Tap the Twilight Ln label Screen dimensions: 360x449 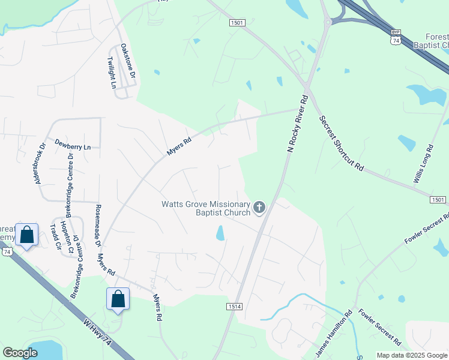[x=112, y=73]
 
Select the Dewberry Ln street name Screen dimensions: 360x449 [x=72, y=146]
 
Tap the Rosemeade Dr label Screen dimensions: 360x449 [x=98, y=226]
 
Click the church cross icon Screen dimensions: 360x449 [x=259, y=208]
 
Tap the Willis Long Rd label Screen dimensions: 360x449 [x=422, y=164]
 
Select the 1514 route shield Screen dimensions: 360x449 [x=235, y=306]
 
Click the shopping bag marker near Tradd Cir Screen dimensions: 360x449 [x=27, y=235]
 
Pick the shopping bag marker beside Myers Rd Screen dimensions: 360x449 [x=118, y=299]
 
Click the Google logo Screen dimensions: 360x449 [x=20, y=353]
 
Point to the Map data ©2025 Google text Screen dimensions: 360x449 [x=412, y=355]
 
